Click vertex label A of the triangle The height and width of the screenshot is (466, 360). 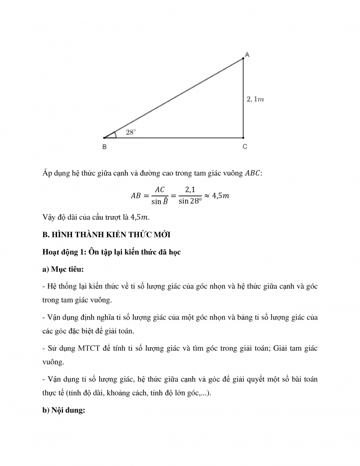[x=247, y=55]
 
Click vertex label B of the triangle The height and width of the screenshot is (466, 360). [x=104, y=147]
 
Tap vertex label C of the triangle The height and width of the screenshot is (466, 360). [x=245, y=147]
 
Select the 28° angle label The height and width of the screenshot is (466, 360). [x=131, y=132]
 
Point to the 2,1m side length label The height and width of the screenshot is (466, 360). [x=256, y=99]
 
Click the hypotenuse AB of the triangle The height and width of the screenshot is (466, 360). [x=175, y=98]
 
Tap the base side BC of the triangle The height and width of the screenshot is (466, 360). [x=175, y=138]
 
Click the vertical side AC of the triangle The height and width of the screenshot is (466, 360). [x=244, y=98]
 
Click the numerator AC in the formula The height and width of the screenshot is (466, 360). [x=159, y=189]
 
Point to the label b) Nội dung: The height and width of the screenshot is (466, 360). [x=65, y=410]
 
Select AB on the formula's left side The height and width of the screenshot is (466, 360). [x=136, y=195]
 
